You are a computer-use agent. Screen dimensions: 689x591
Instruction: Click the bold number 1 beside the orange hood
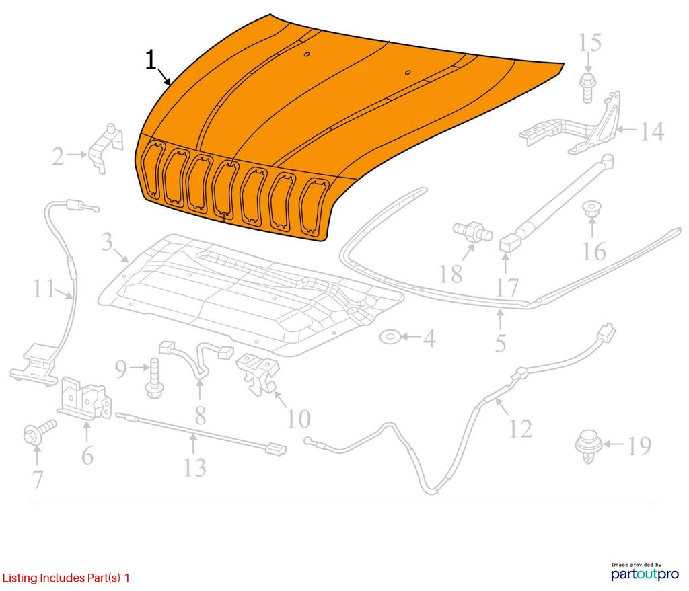(151, 60)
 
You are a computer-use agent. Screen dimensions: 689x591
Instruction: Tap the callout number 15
(589, 43)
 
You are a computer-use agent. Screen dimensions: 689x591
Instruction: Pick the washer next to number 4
(390, 337)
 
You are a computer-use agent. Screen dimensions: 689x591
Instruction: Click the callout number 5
(501, 343)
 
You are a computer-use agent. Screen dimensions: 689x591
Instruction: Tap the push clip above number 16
(591, 208)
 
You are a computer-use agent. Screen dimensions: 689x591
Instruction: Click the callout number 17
(507, 288)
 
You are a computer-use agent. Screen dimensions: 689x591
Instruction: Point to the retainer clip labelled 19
(588, 446)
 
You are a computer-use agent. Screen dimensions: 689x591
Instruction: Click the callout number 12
(520, 428)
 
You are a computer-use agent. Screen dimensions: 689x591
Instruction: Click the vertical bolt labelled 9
(154, 378)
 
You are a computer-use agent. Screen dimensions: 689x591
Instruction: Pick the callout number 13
(194, 467)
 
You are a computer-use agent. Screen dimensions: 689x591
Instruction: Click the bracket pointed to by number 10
(258, 373)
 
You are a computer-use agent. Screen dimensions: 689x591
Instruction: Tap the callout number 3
(107, 241)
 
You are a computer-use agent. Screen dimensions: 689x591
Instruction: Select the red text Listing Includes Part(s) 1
(66, 578)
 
